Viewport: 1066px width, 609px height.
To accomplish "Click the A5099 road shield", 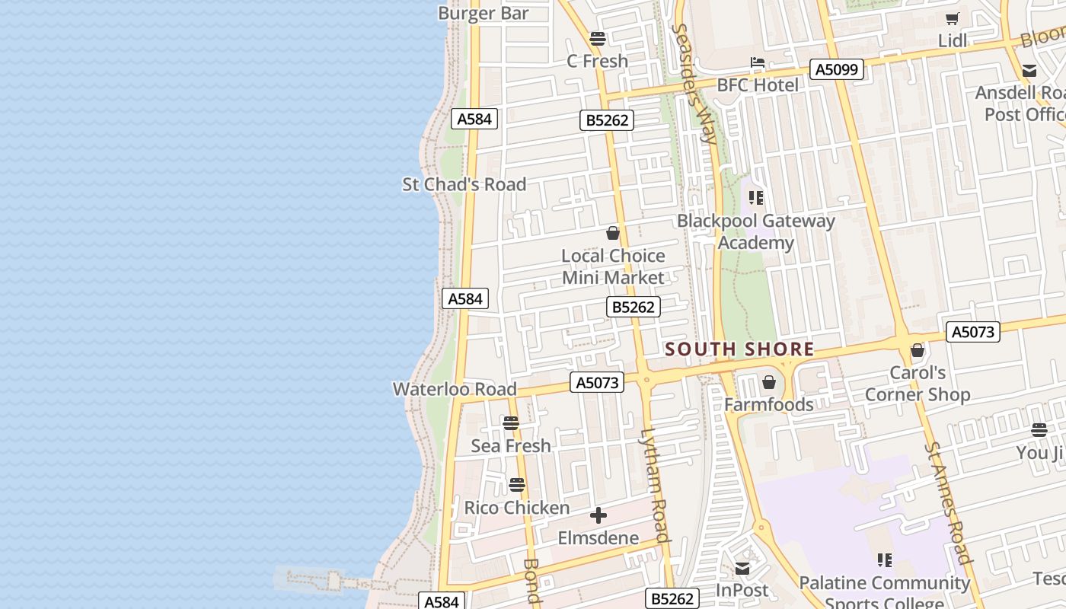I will pos(837,70).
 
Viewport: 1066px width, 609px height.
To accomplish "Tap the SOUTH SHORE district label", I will pos(739,349).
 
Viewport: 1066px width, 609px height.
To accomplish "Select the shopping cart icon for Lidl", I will pos(952,19).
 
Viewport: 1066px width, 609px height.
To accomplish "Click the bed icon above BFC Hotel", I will pos(757,62).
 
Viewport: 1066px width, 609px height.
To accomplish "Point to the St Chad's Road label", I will pos(464,184).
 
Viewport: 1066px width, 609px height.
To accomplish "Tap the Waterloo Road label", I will pos(454,389).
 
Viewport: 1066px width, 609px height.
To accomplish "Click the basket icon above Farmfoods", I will pos(769,382).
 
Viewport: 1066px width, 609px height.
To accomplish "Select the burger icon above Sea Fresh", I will pos(511,423).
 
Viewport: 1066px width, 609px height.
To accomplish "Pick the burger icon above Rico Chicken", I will pos(517,485).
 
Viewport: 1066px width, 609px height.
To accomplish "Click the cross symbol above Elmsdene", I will pos(598,516).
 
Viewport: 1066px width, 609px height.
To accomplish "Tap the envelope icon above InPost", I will pos(742,569).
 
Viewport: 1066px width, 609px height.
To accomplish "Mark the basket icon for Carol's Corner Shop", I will pos(918,351).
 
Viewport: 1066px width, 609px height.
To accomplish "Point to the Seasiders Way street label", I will pos(694,84).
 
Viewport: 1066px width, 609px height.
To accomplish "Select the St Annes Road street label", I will pos(949,502).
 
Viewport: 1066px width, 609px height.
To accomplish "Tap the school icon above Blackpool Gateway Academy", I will pos(756,199).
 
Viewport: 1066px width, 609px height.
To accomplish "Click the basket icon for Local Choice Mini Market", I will pos(613,234).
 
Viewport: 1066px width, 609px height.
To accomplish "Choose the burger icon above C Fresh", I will pos(598,39).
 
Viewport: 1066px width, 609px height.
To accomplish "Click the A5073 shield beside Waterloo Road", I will pos(597,382).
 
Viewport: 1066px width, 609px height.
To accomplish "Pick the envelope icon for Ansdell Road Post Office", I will pos(1029,72).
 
